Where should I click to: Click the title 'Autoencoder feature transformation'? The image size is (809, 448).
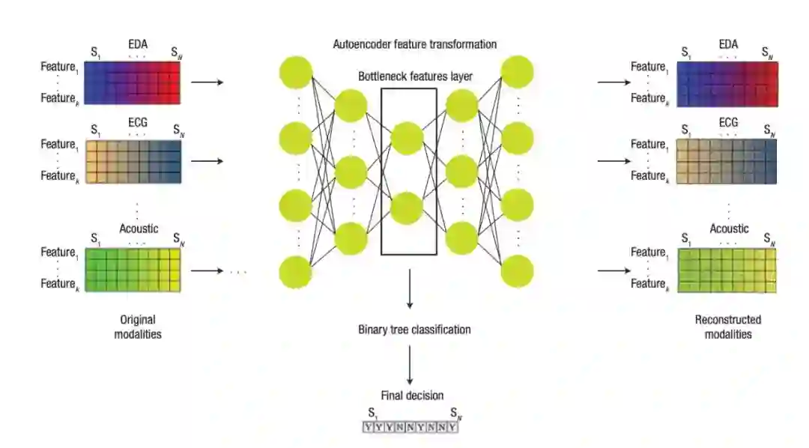pyautogui.click(x=414, y=44)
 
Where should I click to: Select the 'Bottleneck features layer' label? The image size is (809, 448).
pyautogui.click(x=414, y=76)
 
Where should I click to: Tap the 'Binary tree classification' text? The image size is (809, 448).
pyautogui.click(x=414, y=329)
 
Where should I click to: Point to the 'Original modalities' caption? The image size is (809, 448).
pyautogui.click(x=138, y=327)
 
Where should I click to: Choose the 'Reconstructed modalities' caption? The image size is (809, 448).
pyautogui.click(x=728, y=327)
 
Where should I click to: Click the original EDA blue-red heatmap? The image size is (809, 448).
pyautogui.click(x=133, y=82)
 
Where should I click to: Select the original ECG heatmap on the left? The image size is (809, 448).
pyautogui.click(x=133, y=160)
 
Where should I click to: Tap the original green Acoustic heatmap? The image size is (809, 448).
pyautogui.click(x=133, y=269)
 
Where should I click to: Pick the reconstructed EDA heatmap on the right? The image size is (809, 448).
pyautogui.click(x=727, y=82)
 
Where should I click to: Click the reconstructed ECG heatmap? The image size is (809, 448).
pyautogui.click(x=727, y=160)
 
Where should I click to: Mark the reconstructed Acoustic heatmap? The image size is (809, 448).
pyautogui.click(x=727, y=269)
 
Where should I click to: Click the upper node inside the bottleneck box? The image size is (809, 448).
pyautogui.click(x=407, y=138)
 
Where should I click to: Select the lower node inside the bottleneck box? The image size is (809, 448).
pyautogui.click(x=407, y=208)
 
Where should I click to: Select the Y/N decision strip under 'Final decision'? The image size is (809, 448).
pyautogui.click(x=410, y=427)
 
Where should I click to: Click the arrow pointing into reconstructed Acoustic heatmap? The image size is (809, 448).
pyautogui.click(x=615, y=269)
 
